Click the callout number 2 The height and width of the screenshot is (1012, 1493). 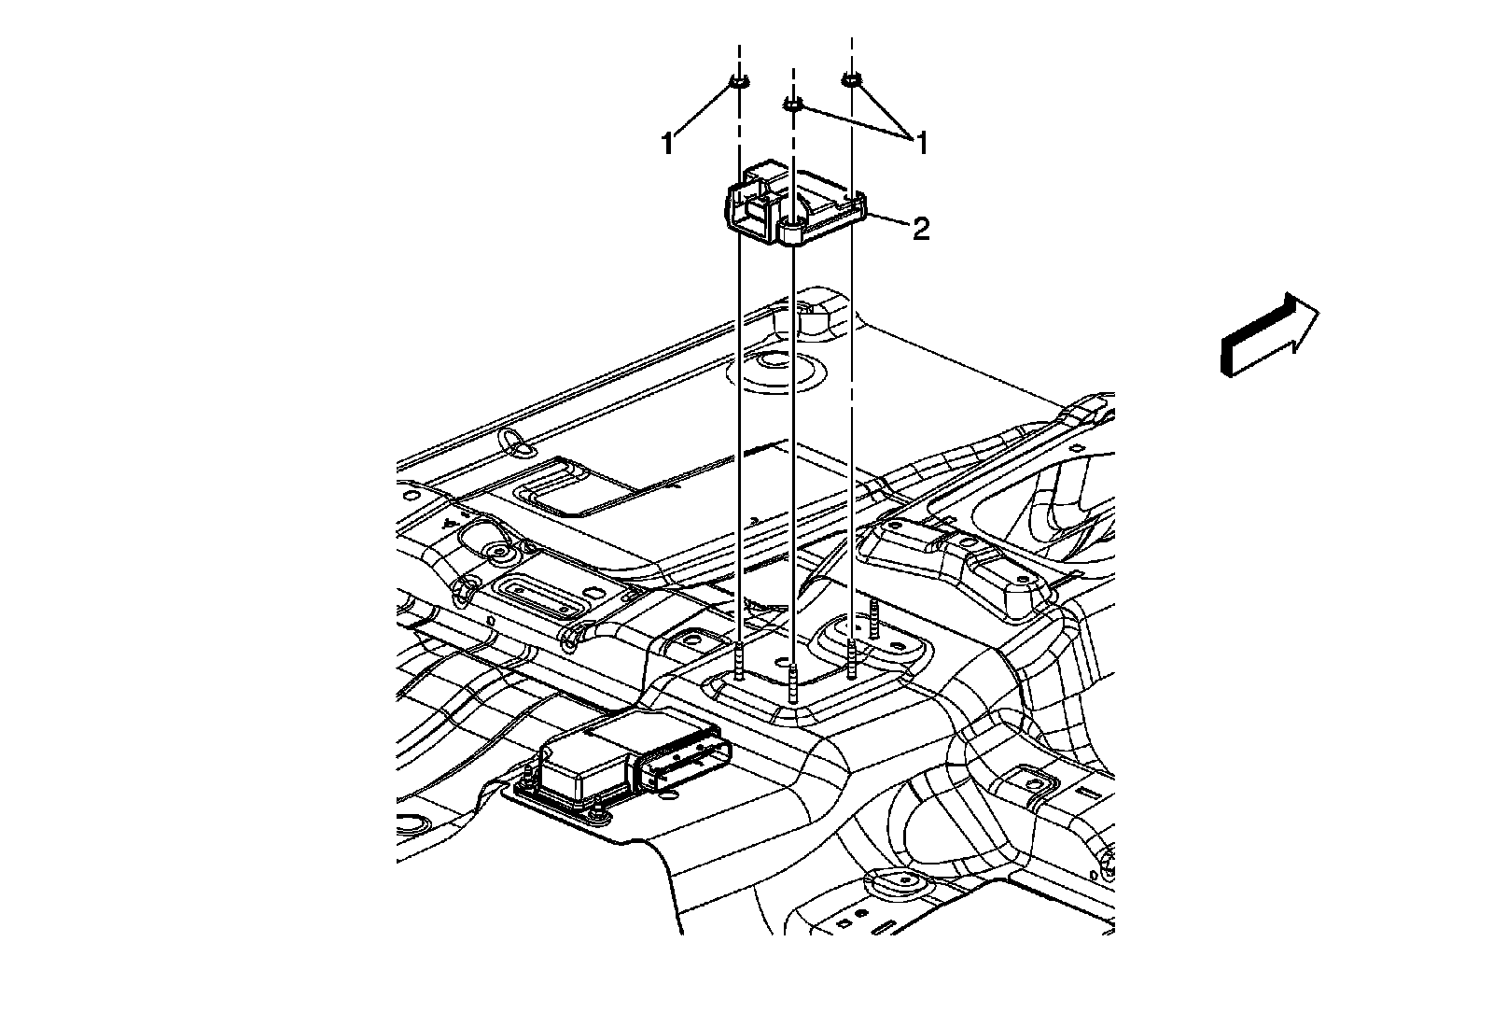[920, 230]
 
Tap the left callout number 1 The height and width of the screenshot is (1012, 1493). [667, 144]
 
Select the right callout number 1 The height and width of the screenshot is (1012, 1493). [920, 143]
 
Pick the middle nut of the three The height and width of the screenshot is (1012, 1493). [792, 105]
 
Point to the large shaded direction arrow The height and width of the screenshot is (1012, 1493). [1269, 334]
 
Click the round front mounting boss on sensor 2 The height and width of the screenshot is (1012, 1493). [792, 232]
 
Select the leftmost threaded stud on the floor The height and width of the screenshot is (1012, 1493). [739, 661]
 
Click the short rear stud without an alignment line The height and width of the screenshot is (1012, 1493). [874, 618]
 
